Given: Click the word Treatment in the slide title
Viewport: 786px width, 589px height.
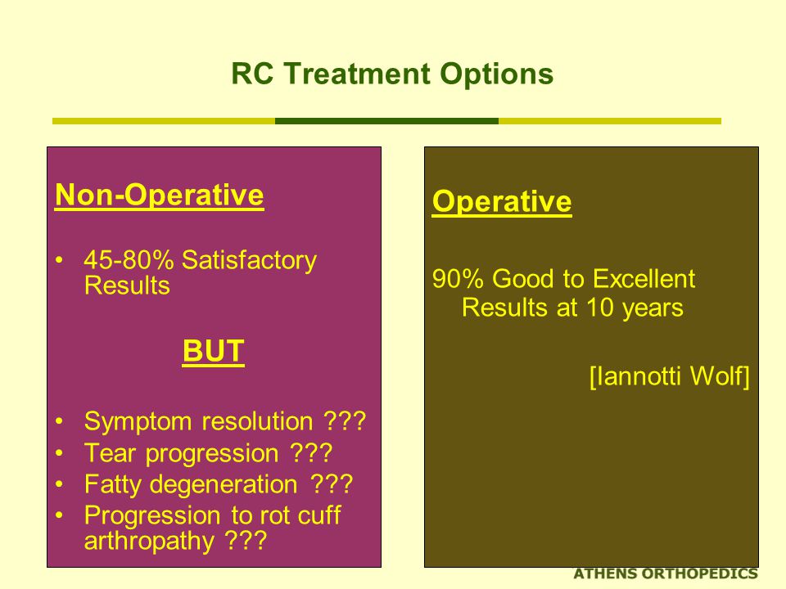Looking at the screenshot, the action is (357, 74).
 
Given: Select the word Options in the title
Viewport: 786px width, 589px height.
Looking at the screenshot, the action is (496, 75).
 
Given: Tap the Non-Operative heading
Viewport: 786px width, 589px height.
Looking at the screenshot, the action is (160, 195).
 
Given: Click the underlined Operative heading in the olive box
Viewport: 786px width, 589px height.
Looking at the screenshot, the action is (502, 202).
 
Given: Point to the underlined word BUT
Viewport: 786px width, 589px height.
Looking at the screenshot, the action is (213, 351).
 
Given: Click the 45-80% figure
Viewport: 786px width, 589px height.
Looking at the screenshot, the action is (129, 260).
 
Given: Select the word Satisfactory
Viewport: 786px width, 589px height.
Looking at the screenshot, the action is (249, 261).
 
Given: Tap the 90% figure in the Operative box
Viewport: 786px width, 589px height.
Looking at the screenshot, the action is (458, 278).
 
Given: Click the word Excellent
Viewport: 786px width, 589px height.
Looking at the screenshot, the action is (644, 278).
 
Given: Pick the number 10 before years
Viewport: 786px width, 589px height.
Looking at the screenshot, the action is (599, 307).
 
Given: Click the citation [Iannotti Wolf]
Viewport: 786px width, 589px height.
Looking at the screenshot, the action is (669, 376).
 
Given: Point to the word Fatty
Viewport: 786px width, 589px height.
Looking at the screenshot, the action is (112, 485).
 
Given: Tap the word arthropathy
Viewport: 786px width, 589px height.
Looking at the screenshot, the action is (149, 542).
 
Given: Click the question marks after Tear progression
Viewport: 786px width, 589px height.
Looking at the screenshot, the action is (311, 452).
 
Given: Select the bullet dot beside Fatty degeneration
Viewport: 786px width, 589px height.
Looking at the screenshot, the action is (60, 484).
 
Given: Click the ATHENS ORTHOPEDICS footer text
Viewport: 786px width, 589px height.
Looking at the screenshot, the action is (665, 574).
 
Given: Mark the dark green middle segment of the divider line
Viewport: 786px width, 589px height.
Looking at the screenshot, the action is (386, 121).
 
